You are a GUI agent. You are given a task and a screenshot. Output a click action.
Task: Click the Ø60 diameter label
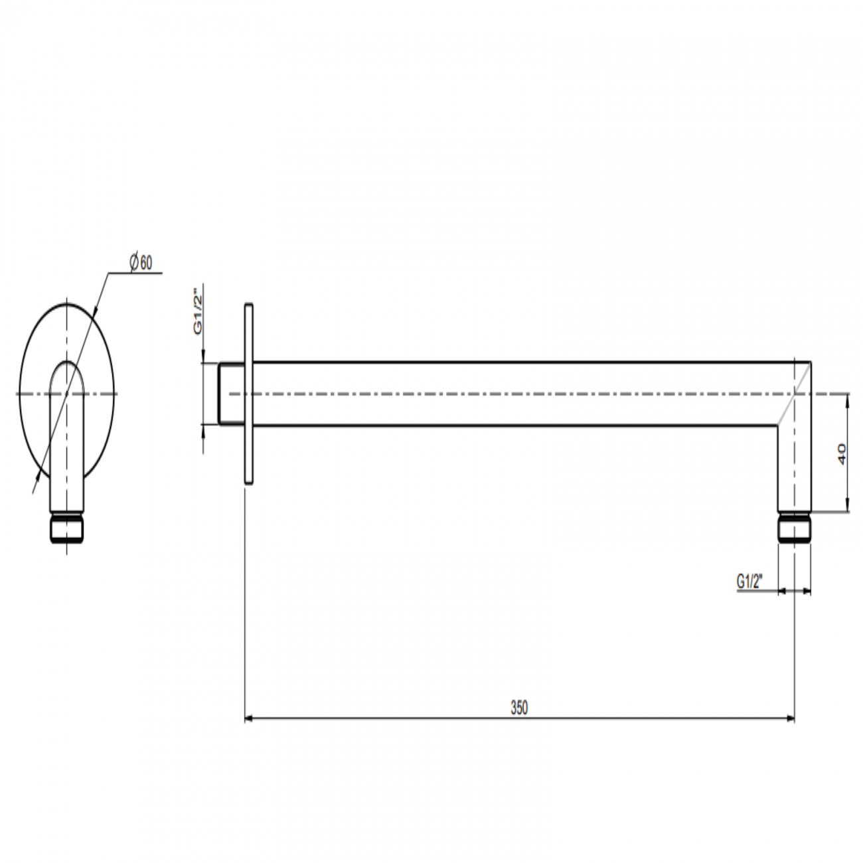click(141, 263)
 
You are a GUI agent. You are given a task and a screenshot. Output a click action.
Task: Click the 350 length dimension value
click(519, 708)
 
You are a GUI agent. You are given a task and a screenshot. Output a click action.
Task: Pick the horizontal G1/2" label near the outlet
click(749, 582)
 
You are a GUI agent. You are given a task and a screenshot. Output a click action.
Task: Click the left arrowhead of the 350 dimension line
click(250, 718)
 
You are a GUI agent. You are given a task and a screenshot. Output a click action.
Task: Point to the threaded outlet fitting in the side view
click(794, 528)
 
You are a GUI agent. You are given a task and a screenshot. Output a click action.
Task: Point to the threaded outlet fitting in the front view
click(66, 528)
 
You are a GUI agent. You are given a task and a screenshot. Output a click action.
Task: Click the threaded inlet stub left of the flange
click(232, 394)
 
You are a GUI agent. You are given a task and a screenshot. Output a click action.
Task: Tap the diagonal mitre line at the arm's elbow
click(794, 394)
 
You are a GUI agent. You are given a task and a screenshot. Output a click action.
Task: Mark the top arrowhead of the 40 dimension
click(848, 398)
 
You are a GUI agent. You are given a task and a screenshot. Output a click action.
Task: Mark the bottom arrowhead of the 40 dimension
click(848, 507)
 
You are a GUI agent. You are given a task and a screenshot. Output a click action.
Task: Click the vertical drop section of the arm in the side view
click(794, 468)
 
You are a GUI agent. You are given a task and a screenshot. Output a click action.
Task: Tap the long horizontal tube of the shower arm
click(518, 394)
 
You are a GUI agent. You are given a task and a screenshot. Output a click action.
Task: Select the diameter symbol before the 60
click(133, 263)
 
